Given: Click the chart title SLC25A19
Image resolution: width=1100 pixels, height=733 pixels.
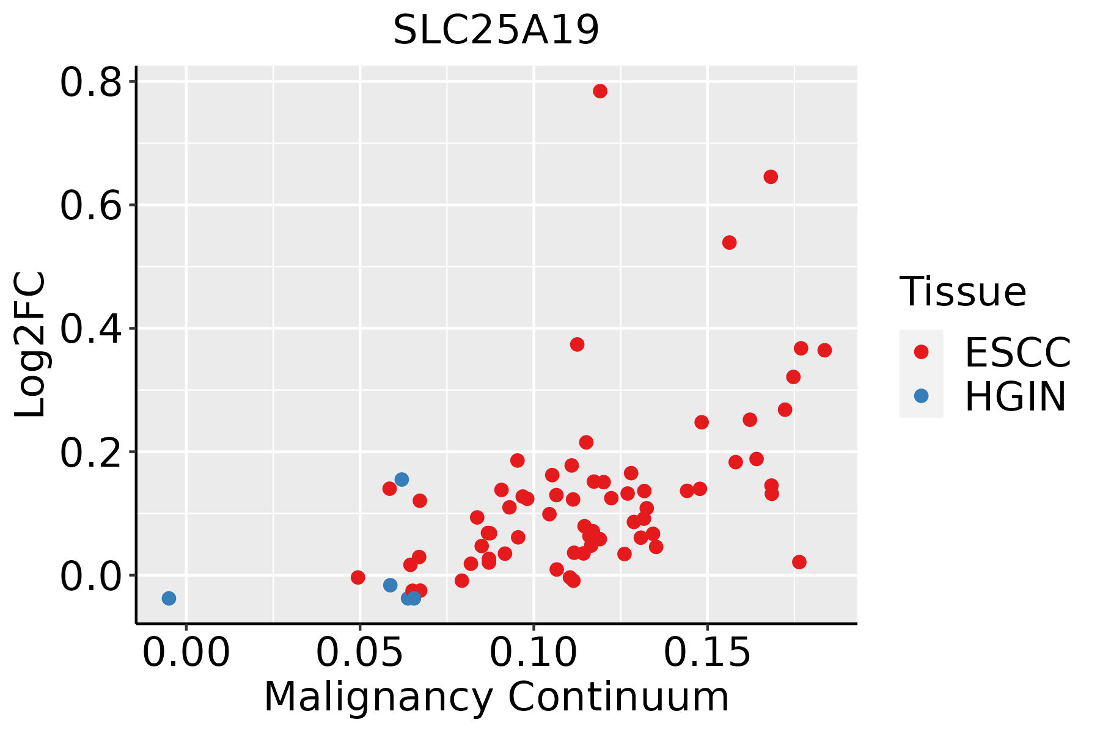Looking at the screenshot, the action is point(496,30).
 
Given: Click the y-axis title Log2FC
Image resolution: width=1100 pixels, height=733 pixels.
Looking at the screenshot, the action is point(31,345).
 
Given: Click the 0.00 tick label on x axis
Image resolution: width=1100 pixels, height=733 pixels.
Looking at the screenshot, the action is point(186,653).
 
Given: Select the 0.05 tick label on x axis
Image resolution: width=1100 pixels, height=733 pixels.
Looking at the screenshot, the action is point(360,653).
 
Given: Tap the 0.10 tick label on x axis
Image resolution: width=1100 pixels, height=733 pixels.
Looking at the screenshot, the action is point(534,653).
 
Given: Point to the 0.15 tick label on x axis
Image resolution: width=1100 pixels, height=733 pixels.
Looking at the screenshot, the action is point(708,653).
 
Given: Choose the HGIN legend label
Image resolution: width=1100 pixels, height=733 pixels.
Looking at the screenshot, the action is point(1016,396).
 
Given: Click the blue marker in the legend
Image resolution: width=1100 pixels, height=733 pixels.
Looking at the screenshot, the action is point(921,396).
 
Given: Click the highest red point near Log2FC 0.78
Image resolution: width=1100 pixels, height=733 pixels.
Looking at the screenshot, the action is point(600,91).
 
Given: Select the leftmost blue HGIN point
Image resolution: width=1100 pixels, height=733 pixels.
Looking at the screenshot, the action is point(169,598).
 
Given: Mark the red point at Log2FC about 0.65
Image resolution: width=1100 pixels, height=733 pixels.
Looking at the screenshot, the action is point(771,177).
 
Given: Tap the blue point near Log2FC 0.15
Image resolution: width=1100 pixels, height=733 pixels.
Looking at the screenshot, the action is point(402,480).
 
